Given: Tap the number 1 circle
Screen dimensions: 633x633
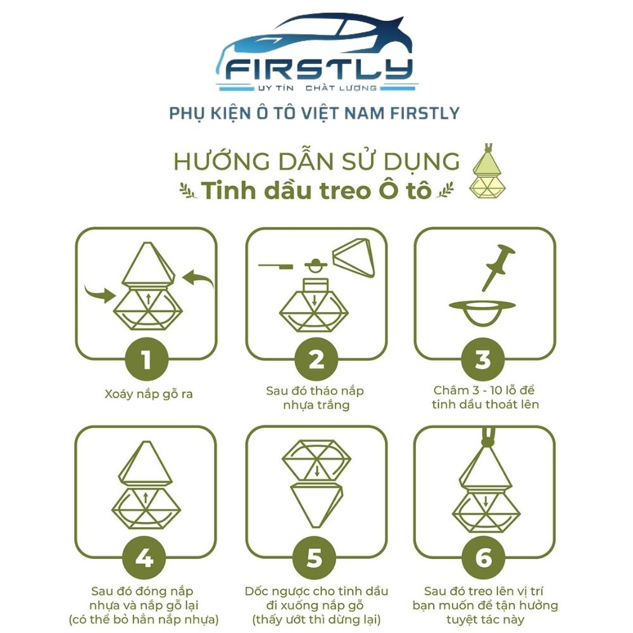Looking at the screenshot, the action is pyautogui.click(x=147, y=359).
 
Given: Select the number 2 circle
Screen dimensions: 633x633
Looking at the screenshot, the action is pyautogui.click(x=316, y=359).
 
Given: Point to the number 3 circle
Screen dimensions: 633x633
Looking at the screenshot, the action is pyautogui.click(x=483, y=359).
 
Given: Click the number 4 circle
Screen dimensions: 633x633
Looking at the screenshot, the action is pyautogui.click(x=144, y=558).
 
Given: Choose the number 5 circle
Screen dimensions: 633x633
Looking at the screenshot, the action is pyautogui.click(x=315, y=558).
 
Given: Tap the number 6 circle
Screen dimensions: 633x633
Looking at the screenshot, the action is pyautogui.click(x=484, y=558).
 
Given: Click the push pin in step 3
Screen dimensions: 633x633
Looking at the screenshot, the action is pyautogui.click(x=499, y=267).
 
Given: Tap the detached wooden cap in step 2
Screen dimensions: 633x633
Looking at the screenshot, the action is pyautogui.click(x=354, y=257).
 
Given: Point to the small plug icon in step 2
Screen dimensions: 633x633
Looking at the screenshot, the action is pyautogui.click(x=316, y=266).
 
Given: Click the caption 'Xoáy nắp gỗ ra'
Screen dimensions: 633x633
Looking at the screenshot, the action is pyautogui.click(x=149, y=394).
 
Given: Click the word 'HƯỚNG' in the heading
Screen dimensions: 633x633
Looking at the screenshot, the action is pyautogui.click(x=222, y=161).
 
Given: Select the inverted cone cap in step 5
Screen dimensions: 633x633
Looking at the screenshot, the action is pyautogui.click(x=317, y=505).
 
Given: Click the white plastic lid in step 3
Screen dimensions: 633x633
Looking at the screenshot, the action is pyautogui.click(x=482, y=311).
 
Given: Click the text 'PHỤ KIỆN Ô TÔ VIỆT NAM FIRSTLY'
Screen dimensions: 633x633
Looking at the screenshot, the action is pyautogui.click(x=314, y=113).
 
